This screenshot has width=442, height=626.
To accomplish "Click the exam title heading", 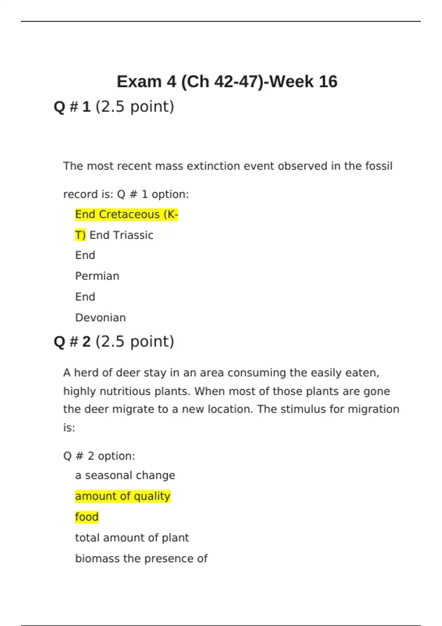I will (x=227, y=82).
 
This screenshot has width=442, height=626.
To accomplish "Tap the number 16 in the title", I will (x=328, y=82).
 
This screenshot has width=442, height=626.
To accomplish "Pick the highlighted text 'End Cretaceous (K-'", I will (x=126, y=214).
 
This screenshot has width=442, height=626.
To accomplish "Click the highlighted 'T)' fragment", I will (x=80, y=235).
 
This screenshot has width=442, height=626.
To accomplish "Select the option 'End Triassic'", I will (x=122, y=235).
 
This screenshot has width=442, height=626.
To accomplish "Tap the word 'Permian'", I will (x=97, y=276).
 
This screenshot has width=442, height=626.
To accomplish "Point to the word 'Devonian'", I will (x=101, y=318).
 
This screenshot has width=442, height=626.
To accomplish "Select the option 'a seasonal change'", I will (x=125, y=475).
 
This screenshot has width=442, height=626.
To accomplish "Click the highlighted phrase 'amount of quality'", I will (x=123, y=496).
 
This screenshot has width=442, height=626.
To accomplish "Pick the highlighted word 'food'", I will (x=87, y=517).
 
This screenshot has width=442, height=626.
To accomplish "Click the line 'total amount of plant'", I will (x=132, y=538).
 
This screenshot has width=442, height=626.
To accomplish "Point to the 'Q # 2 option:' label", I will (x=99, y=456).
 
